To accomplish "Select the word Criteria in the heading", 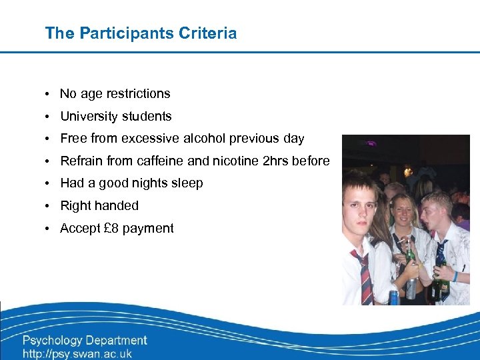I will pos(206,33).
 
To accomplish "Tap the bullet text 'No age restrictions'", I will pos(115,94).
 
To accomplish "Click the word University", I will pos(87,117).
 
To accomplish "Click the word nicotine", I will pos(239,161).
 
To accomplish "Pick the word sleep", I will pos(187,183).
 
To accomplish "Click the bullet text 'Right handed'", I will pos(99,206).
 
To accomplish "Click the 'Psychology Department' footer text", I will pos(85,340).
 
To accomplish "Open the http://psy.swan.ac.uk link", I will pos(77,354).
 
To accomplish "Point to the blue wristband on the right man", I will pos(455,276).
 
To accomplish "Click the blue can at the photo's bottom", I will pos(394,297).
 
